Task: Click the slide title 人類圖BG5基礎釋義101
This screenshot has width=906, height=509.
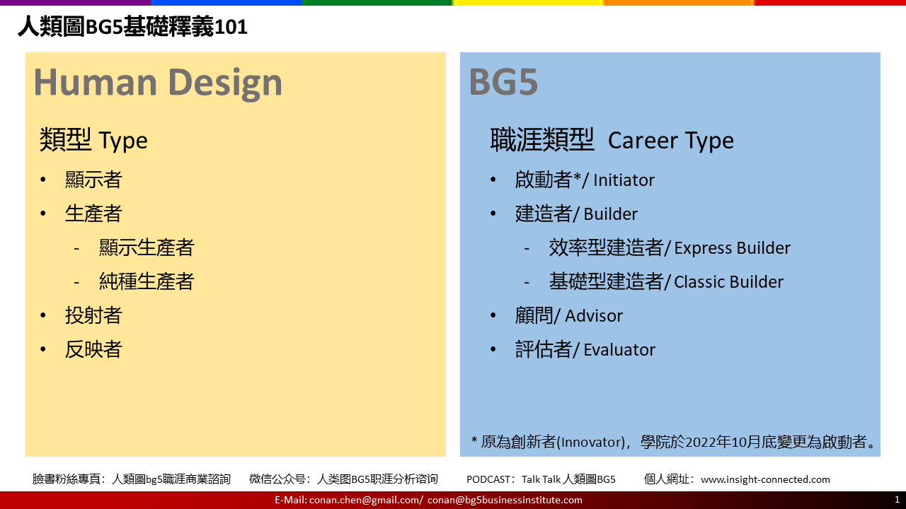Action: (132, 27)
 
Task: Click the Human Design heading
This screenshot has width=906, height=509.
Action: (158, 83)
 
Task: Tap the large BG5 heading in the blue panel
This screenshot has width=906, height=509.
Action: (503, 82)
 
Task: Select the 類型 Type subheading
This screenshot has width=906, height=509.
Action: (93, 140)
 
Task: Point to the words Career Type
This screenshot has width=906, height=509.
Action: (670, 141)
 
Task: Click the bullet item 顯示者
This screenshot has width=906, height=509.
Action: (93, 180)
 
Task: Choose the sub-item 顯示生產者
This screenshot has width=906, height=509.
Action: (147, 247)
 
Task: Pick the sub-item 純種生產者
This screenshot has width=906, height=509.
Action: (147, 281)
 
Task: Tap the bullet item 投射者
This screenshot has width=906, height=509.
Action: (93, 315)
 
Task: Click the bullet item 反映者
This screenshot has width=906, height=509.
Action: (93, 349)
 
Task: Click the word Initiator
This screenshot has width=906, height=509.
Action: (624, 180)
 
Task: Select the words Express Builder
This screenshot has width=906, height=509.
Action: (732, 248)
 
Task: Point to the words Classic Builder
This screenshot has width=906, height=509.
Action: (728, 282)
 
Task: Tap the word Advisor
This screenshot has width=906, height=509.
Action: (594, 316)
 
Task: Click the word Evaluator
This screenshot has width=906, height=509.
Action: (619, 350)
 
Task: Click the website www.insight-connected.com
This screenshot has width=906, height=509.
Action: (765, 479)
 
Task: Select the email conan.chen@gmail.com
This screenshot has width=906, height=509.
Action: (365, 500)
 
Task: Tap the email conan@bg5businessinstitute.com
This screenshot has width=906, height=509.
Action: (505, 500)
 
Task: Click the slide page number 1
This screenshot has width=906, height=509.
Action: (897, 500)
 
